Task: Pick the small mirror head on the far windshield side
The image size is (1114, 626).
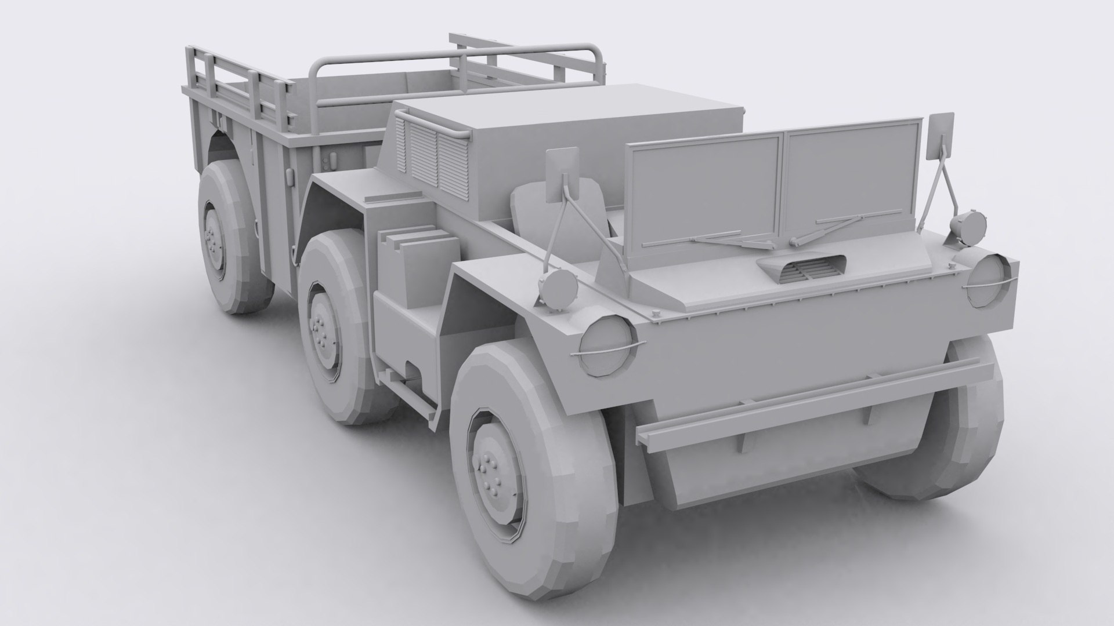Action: pyautogui.click(x=942, y=136)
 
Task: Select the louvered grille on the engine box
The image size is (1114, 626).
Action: pyautogui.click(x=433, y=154)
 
